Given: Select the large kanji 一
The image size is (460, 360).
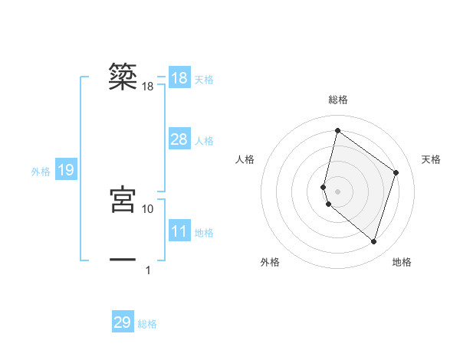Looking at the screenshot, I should coord(123,260).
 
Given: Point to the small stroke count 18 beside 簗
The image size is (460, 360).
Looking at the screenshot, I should coord(148,87).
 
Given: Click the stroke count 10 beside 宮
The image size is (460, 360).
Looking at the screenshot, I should coord(148,208).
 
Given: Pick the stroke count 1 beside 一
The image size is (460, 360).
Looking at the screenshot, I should coord(148,270).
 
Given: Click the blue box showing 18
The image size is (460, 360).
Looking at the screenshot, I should coord(179,78).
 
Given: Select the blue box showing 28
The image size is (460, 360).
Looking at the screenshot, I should coord(179,139).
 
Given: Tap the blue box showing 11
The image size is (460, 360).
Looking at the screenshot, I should coord(179,231).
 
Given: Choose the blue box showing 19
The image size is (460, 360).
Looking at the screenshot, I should coord(66,170).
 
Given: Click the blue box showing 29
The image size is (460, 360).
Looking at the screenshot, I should coord(123,322).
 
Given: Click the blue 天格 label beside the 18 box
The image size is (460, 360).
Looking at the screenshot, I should coord(204,80).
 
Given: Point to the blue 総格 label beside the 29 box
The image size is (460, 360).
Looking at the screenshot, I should coord(147,324).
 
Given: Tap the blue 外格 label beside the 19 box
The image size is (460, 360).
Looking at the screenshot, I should coord(41,172).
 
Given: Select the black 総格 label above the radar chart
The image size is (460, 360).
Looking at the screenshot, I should coord(338,100).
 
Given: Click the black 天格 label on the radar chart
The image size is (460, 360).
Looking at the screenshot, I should coord(431,159).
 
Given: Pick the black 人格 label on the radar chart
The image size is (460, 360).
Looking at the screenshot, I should coord(245,159).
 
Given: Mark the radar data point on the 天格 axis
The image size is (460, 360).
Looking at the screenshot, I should coord(396,172).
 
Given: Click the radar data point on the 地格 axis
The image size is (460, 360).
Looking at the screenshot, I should coord(374,241).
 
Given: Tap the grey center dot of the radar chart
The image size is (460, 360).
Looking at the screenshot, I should coord(338,191).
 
